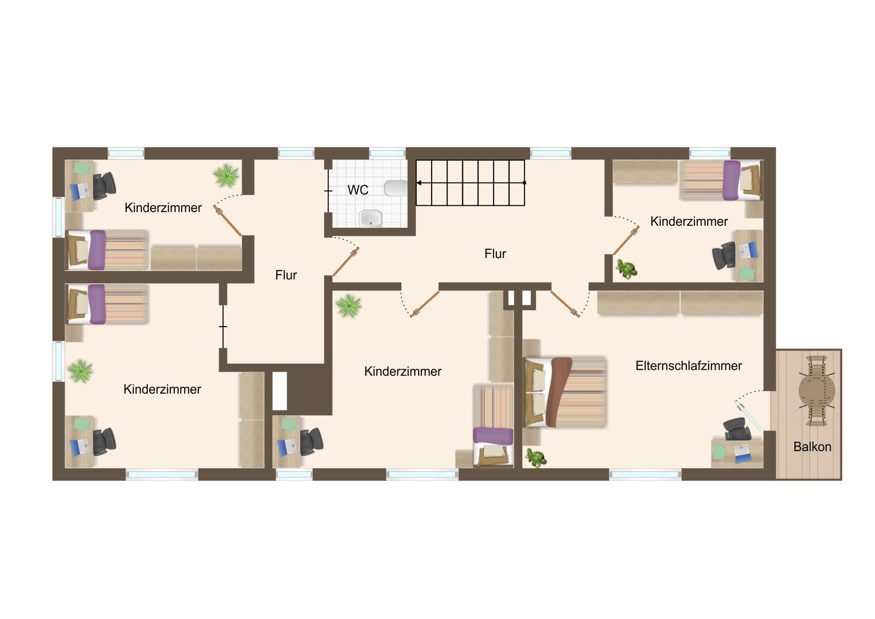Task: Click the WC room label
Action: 358,190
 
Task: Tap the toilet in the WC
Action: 395,188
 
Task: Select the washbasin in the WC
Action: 371,218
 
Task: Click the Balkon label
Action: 812,447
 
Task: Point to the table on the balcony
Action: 817,391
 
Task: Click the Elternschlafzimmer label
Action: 688,365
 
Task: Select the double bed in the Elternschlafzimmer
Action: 566,392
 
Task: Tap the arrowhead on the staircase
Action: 419,183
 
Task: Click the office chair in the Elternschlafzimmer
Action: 737,429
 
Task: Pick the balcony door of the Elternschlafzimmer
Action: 748,416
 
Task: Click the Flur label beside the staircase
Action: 495,254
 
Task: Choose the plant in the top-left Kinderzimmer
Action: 226,176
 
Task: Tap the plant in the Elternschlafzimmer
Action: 536,458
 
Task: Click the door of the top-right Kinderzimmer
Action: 626,241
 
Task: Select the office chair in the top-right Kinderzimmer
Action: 724,256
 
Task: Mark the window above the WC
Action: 387,153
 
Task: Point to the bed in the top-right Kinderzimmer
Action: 721,180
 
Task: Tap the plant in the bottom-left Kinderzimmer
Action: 81,371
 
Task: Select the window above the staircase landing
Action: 551,153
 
